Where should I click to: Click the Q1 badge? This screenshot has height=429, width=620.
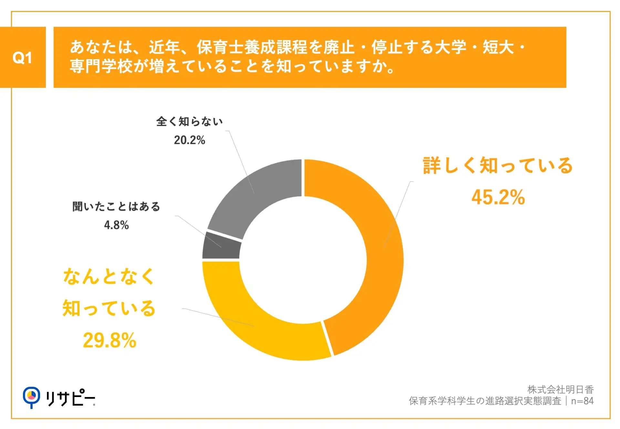[x=23, y=57]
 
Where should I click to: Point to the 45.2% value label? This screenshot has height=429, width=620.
[x=498, y=197]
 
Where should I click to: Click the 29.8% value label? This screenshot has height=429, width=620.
[x=110, y=340]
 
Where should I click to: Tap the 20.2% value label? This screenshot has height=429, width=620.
[x=190, y=140]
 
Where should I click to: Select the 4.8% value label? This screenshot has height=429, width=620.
[x=116, y=225]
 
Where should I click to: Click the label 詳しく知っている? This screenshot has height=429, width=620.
[x=498, y=166]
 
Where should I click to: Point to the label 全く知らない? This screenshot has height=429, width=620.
[x=190, y=122]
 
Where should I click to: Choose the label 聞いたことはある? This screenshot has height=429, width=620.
[x=116, y=207]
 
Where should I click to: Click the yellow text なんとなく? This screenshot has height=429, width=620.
[x=109, y=277]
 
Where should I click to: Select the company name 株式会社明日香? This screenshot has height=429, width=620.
[x=560, y=390]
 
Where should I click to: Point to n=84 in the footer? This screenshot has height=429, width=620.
[x=582, y=401]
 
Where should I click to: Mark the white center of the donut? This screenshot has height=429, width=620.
[x=303, y=260]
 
